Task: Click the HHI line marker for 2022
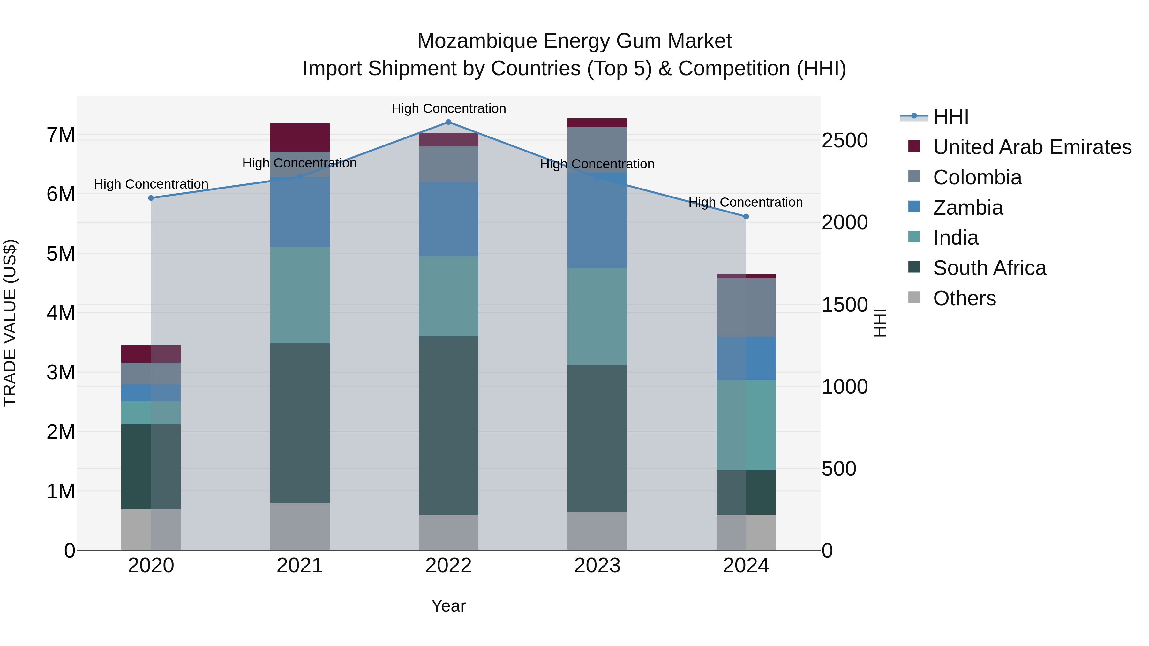[x=448, y=122]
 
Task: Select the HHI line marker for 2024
[x=746, y=217]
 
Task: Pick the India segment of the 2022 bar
[x=448, y=296]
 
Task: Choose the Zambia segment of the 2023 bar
[x=597, y=220]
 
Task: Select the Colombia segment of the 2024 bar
[x=746, y=308]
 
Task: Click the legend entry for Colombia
[x=977, y=177]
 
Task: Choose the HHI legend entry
[x=950, y=117]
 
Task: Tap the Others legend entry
[x=964, y=298]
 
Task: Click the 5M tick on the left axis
[x=61, y=254]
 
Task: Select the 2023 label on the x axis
[x=597, y=566]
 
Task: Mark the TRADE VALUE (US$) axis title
[x=10, y=323]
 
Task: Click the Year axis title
[x=448, y=606]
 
